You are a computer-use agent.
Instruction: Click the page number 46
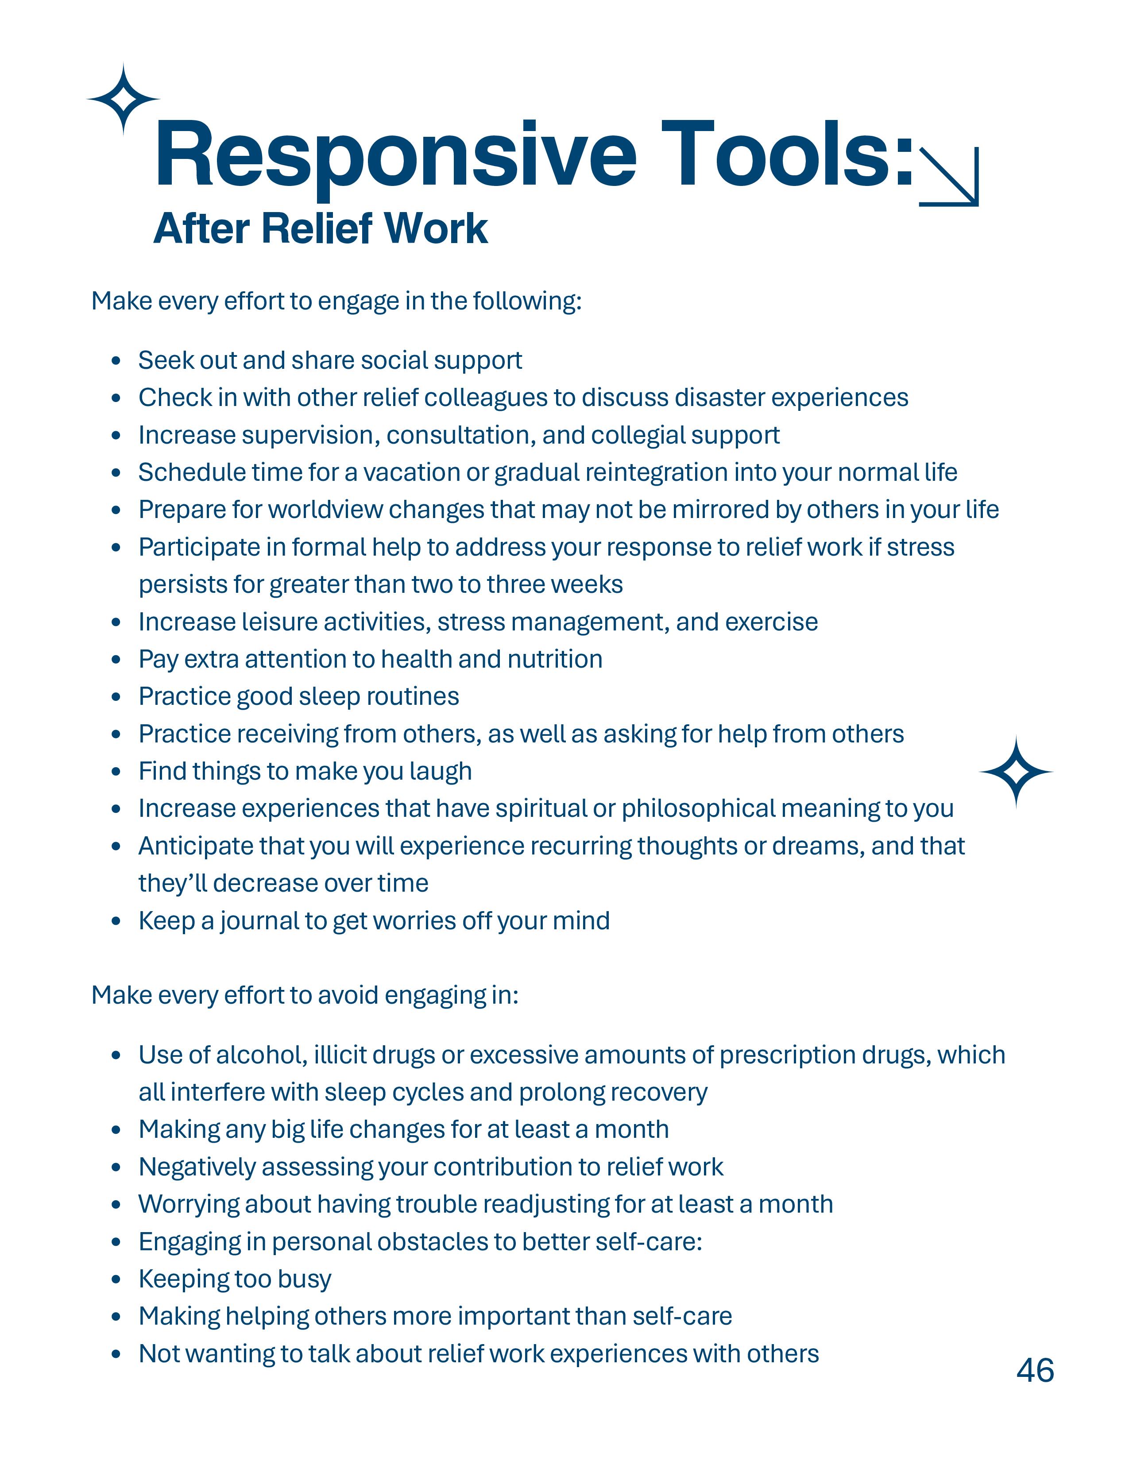click(x=1035, y=1370)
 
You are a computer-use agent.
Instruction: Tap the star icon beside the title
click(x=124, y=99)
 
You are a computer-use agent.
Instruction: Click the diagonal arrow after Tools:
click(x=949, y=177)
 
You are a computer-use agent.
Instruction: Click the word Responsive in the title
click(x=394, y=155)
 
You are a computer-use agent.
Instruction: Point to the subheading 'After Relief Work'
click(x=321, y=229)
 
